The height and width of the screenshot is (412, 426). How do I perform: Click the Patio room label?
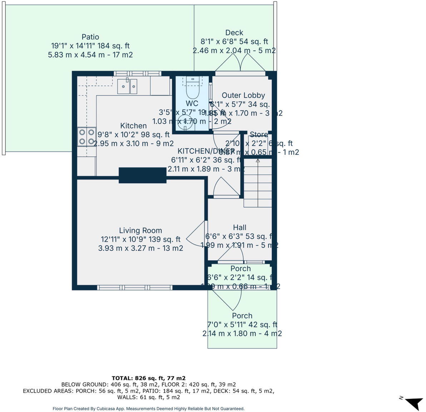coord(90,37)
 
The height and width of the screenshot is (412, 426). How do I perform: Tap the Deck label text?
coord(234,33)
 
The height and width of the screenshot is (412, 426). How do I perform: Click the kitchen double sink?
coord(127,86)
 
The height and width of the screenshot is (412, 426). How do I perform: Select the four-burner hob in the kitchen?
coord(87,137)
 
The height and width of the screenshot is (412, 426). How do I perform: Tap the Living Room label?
coord(140,230)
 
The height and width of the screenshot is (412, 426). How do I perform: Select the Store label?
coord(258,134)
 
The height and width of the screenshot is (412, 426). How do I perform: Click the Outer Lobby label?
coord(243,95)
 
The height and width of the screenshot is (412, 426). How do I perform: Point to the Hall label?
coord(239,227)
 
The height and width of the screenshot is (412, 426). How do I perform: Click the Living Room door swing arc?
coord(195,234)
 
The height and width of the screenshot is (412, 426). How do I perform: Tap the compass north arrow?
coord(415,403)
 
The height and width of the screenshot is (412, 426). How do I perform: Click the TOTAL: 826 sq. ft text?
coord(148,378)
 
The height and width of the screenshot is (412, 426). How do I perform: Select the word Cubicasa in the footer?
coord(107,408)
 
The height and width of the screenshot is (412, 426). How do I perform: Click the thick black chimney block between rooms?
coord(143,175)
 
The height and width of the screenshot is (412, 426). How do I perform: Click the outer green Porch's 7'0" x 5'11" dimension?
coord(242,324)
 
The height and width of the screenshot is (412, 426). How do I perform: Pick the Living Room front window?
coord(135,288)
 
